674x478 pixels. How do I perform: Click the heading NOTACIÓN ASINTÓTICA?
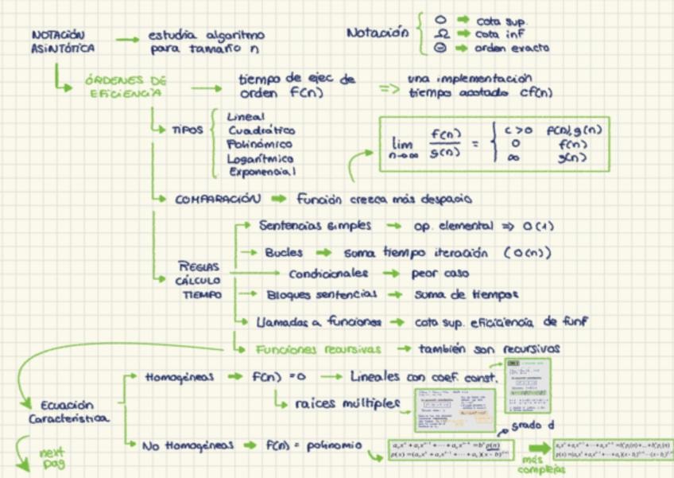[64, 42]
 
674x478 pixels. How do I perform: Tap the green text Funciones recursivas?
[318, 348]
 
